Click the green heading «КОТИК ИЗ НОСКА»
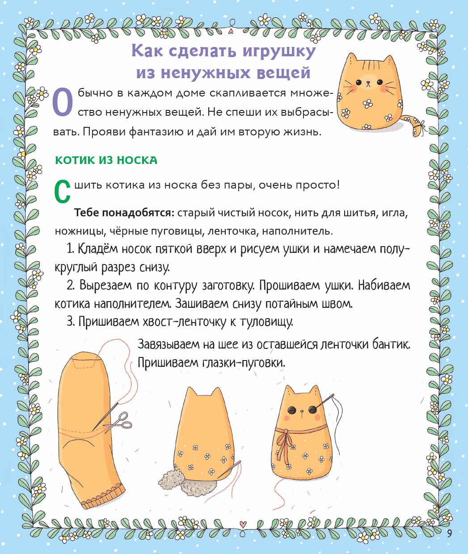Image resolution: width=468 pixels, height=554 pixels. (x=106, y=160)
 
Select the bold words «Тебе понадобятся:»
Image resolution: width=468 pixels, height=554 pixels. (x=124, y=213)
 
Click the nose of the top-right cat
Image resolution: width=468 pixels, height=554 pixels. (x=368, y=83)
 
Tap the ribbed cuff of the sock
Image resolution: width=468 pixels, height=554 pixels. (x=104, y=497)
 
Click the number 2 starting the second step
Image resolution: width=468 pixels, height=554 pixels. (x=70, y=285)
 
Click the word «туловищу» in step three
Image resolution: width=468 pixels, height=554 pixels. (x=266, y=322)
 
